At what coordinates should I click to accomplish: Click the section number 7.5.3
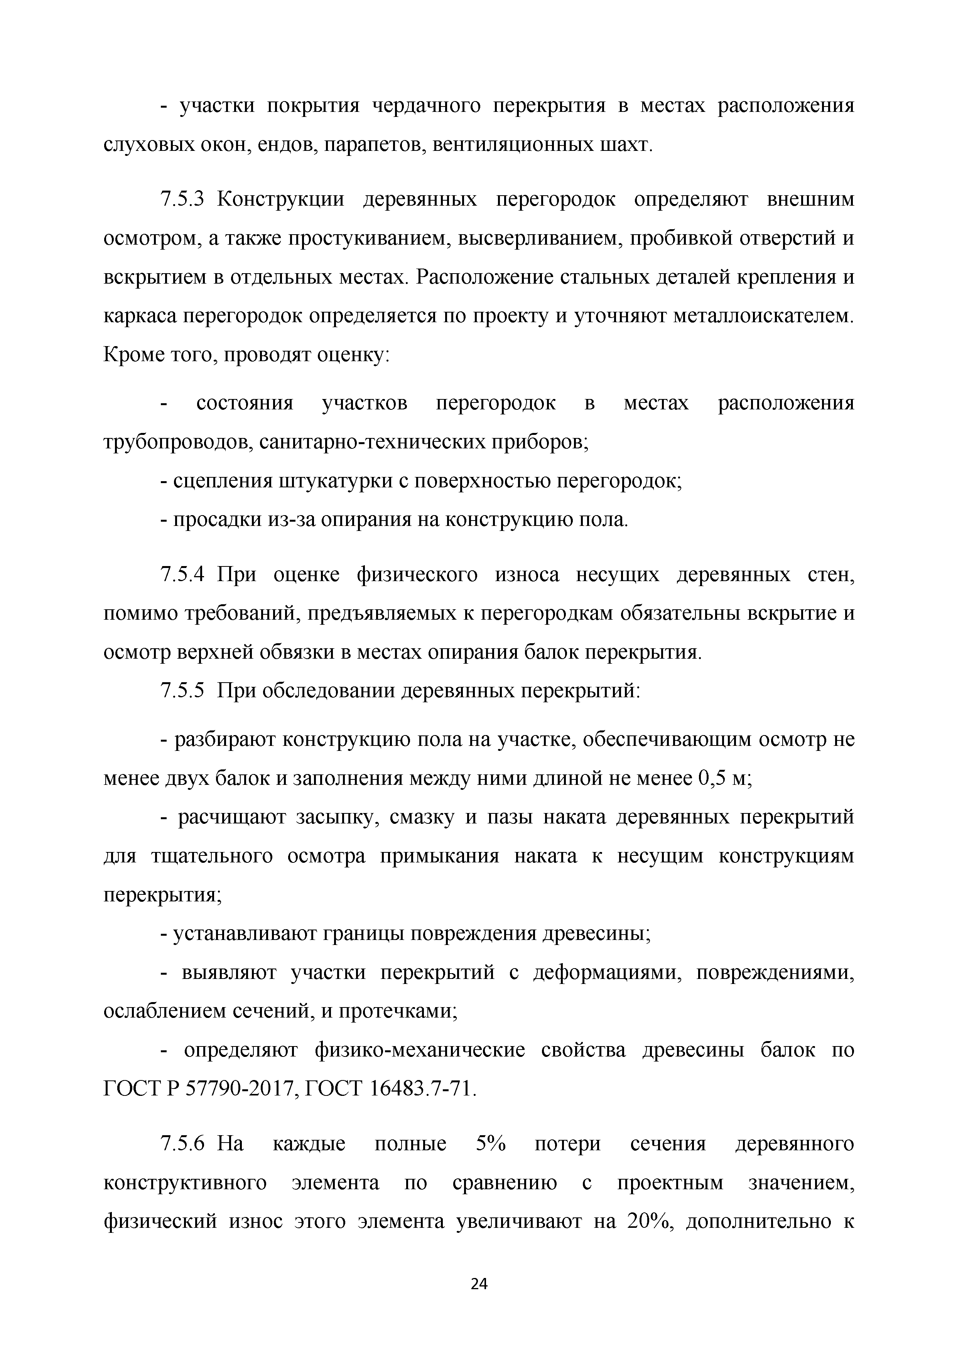click(182, 200)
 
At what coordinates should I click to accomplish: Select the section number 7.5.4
click(182, 574)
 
